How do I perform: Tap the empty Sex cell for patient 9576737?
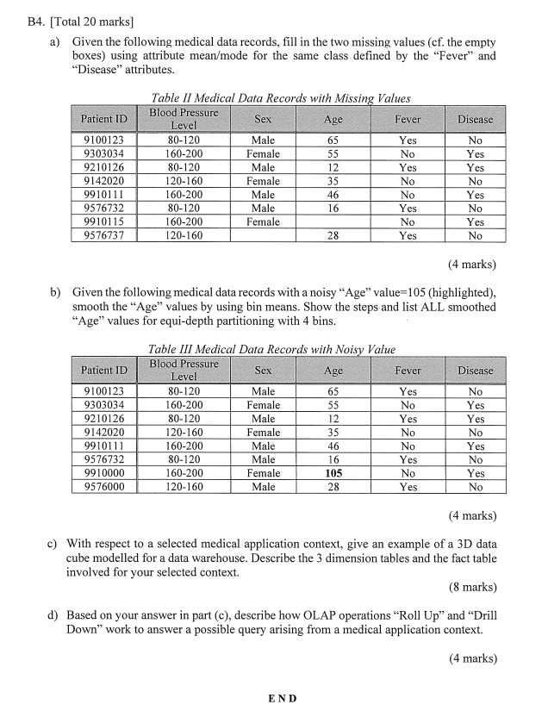pos(263,235)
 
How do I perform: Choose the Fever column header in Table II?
pos(408,119)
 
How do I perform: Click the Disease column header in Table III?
pos(475,371)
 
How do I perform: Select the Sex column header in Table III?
pos(263,371)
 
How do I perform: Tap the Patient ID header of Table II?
pos(103,119)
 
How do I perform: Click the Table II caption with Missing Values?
pos(280,98)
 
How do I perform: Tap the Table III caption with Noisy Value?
pos(271,349)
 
